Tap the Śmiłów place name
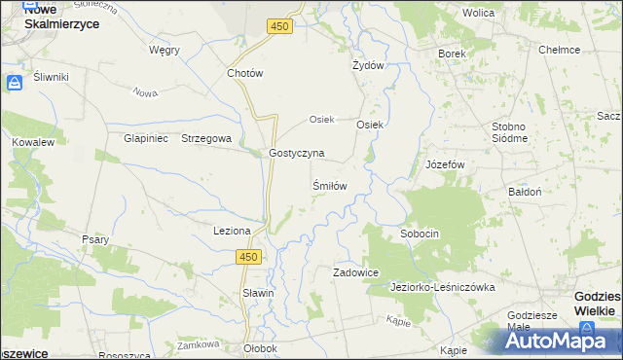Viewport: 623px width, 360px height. coord(329,184)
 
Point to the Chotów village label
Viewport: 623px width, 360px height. coord(245,73)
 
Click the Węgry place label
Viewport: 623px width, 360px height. coord(164,49)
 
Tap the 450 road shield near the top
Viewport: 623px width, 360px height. coord(279,26)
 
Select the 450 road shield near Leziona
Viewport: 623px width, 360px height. coord(248,256)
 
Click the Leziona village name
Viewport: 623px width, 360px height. coord(233,231)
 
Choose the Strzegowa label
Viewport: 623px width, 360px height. coord(206,138)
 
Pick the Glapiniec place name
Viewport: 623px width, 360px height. coord(146,138)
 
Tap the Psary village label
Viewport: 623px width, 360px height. coord(95,238)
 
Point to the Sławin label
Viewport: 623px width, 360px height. coord(258,293)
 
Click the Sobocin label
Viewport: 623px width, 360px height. coord(420,234)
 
